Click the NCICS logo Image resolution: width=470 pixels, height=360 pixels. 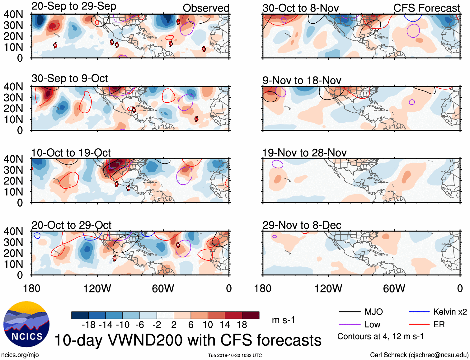point(26,324)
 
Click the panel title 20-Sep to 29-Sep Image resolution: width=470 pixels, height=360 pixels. point(74,6)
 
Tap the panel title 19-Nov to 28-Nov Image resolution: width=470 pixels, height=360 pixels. point(304,153)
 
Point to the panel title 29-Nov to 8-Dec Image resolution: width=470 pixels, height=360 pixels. point(302,225)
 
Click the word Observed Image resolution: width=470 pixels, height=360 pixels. point(206,8)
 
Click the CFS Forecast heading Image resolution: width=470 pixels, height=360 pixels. point(426,8)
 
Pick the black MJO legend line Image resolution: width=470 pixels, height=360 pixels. point(349,312)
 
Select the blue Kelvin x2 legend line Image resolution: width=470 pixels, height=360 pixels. point(419,312)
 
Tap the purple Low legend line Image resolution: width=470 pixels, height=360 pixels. point(349,325)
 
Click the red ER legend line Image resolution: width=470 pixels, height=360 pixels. point(419,325)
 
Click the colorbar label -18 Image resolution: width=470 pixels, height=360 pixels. point(89,325)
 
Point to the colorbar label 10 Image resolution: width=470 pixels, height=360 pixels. point(208,325)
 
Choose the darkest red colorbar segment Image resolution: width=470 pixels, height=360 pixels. point(251,315)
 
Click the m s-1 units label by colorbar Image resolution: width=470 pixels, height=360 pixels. point(283,320)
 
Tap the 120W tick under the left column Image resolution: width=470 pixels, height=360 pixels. point(97,289)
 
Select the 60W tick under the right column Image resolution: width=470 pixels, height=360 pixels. point(394,289)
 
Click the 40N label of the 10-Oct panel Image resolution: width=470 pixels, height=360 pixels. point(13,159)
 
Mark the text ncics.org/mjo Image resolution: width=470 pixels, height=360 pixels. point(20,355)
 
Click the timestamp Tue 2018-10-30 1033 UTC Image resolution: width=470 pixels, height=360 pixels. point(235,355)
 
